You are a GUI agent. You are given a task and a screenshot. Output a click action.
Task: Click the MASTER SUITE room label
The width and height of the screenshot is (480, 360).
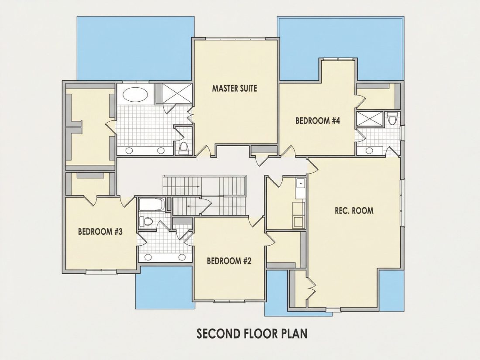pos(234,89)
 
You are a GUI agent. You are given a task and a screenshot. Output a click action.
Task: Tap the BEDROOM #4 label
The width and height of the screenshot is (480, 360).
pos(318,120)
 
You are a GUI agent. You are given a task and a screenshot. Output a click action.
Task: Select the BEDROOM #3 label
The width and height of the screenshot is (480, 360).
pos(100,231)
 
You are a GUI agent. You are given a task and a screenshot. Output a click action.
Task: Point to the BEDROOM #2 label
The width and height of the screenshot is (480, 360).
pos(229,261)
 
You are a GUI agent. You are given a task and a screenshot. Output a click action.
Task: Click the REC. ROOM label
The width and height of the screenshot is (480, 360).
pos(354,211)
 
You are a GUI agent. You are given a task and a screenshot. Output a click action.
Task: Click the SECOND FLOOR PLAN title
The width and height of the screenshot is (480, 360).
pos(252,333)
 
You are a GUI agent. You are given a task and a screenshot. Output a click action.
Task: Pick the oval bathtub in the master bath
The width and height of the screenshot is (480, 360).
pos(135,95)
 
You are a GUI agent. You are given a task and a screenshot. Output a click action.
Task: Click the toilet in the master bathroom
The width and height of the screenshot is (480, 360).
pos(184,148)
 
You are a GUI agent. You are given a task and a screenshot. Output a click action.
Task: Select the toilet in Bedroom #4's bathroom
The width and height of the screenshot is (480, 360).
pos(392,118)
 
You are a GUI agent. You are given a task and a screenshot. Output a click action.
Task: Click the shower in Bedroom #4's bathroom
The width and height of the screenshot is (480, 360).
pos(370,119)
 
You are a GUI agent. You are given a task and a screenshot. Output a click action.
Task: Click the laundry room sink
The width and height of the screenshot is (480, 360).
pos(301,184)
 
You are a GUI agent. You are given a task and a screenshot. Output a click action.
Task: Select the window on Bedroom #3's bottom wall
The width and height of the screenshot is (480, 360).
pos(101,271)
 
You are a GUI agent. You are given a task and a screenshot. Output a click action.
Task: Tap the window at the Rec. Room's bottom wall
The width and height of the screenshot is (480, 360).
pos(333,309)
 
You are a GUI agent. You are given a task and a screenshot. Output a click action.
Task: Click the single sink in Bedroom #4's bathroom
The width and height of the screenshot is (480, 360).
pos(370,151)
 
